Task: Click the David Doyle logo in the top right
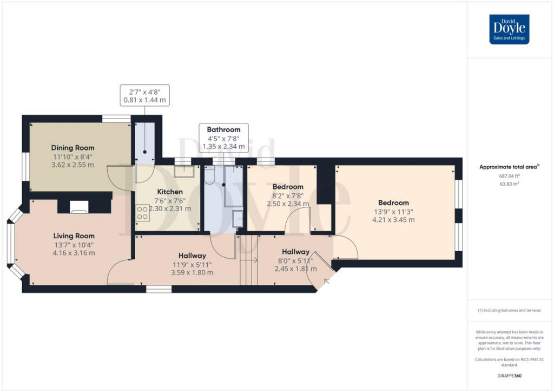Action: click(509, 29)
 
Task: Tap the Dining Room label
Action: click(72, 148)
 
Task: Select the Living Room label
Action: click(74, 236)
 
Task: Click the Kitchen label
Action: click(170, 192)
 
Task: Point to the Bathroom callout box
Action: click(223, 138)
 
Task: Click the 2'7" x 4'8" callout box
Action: click(145, 95)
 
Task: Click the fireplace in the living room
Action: click(78, 206)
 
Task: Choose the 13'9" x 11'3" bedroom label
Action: click(394, 203)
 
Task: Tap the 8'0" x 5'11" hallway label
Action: click(295, 252)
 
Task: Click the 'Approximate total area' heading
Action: click(509, 167)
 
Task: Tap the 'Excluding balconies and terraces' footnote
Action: click(509, 310)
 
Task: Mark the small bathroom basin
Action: click(238, 218)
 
